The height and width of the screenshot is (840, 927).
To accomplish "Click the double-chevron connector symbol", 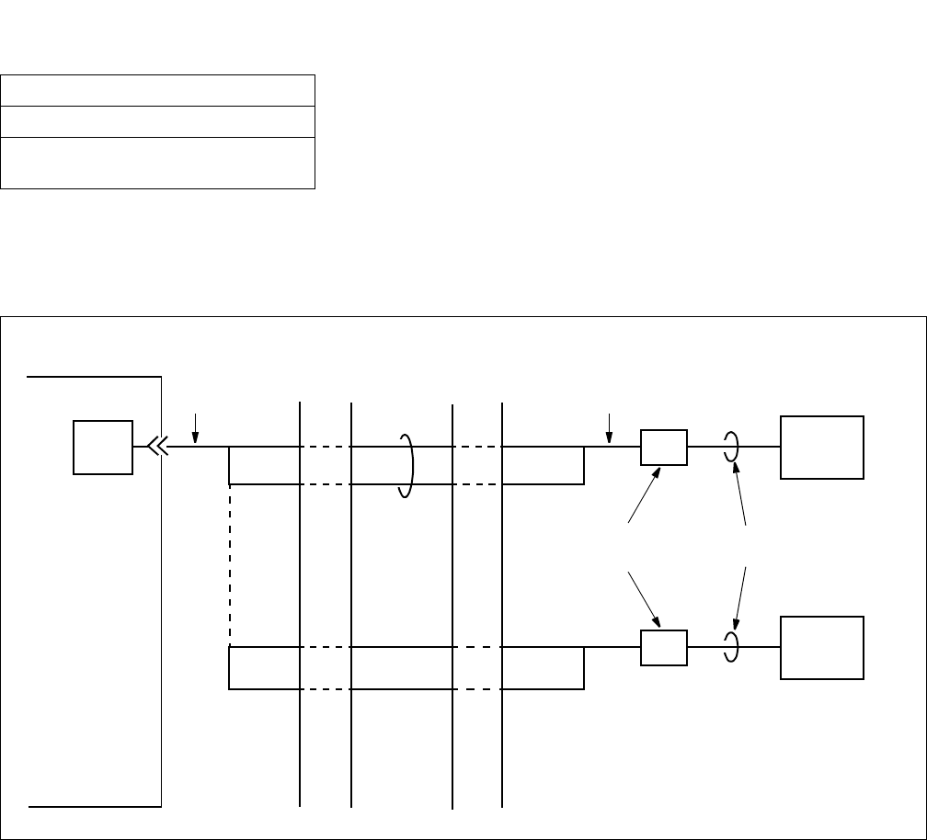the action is click(155, 447).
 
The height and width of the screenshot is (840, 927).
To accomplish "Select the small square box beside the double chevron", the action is click(102, 448).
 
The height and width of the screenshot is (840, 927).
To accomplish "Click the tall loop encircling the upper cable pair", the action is click(407, 465).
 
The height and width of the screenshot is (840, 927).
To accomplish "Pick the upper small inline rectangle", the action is click(663, 447).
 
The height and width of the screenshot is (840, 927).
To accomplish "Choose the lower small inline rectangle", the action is click(663, 648).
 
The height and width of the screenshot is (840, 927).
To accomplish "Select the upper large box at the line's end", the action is click(822, 447).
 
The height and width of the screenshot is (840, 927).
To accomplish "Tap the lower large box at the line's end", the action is click(822, 648).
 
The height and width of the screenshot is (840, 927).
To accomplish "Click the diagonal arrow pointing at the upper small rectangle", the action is click(645, 495).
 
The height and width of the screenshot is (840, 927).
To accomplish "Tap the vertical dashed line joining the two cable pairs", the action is click(229, 565).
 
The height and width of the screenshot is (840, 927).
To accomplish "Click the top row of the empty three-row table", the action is click(158, 91).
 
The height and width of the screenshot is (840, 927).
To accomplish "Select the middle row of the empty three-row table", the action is click(158, 121).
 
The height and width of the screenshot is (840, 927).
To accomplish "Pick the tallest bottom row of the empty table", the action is click(158, 163).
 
